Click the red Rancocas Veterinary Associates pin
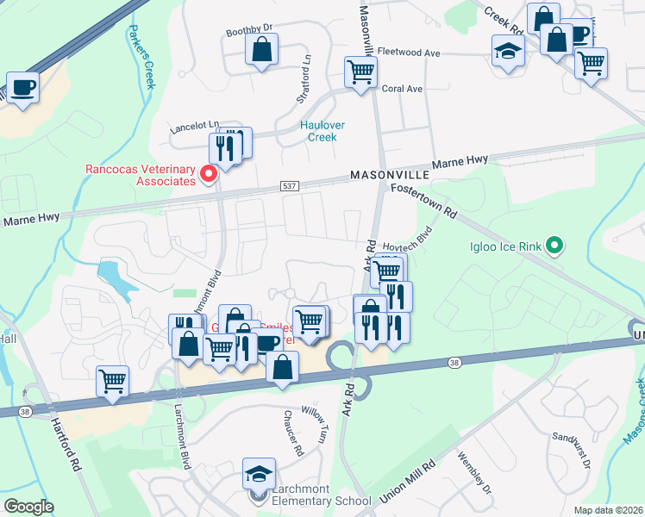[x=208, y=175]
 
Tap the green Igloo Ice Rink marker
[x=554, y=247]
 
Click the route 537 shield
[x=289, y=186]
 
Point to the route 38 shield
[x=454, y=364]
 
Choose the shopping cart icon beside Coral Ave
[x=360, y=72]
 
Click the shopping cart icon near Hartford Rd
[x=113, y=381]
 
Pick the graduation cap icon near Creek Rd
[x=508, y=50]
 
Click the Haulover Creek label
[x=322, y=131]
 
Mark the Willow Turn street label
[x=314, y=424]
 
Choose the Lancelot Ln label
[x=194, y=124]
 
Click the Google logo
[x=28, y=507]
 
